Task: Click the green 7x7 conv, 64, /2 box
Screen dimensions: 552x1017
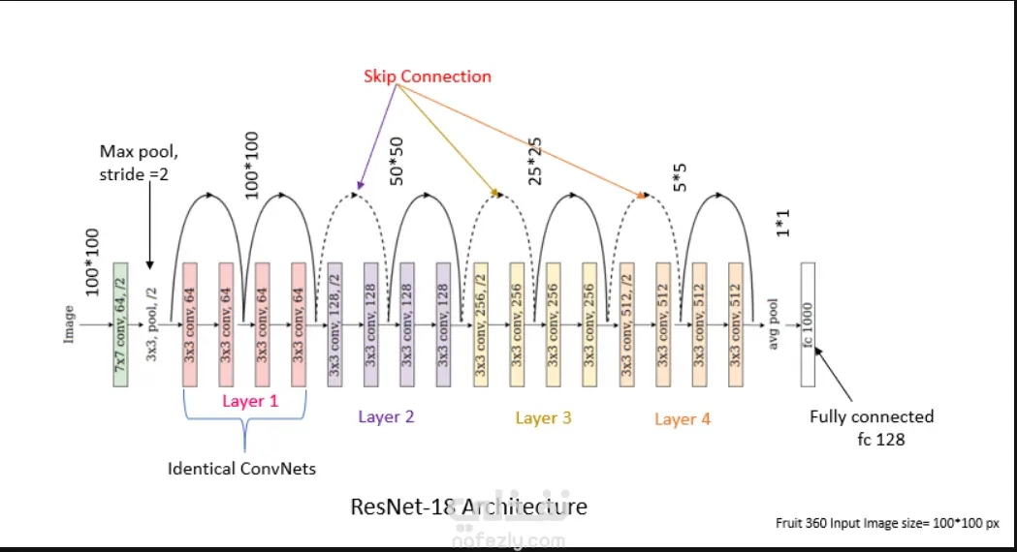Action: [x=121, y=324]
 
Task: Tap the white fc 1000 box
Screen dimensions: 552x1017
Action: [x=808, y=324]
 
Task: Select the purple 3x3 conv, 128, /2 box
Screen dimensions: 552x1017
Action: [x=335, y=324]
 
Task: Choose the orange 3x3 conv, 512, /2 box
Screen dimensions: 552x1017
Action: [x=627, y=324]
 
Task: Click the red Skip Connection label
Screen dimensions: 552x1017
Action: [x=428, y=77]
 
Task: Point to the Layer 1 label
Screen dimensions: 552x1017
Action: [x=250, y=400]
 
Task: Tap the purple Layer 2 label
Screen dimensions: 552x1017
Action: [x=386, y=416]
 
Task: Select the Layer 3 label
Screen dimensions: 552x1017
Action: [x=543, y=417]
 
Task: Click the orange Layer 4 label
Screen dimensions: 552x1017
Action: [x=683, y=418]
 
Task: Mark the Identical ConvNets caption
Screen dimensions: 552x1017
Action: [x=242, y=469]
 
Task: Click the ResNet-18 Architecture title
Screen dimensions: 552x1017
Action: [x=468, y=506]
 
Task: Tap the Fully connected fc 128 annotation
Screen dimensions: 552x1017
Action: [x=873, y=426]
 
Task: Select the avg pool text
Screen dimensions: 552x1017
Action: [x=774, y=324]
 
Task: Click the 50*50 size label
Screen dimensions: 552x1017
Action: [x=397, y=162]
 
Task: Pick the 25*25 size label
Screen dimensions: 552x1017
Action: [x=535, y=158]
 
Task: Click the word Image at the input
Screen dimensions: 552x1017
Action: [x=69, y=324]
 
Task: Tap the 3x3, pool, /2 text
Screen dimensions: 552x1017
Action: [x=151, y=324]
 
